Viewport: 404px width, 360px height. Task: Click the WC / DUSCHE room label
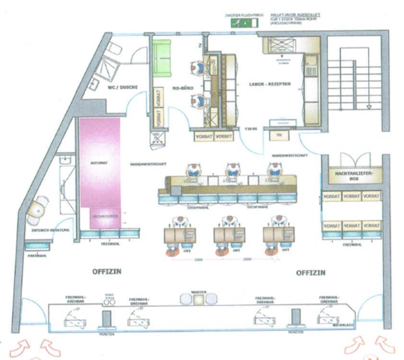click(x=123, y=87)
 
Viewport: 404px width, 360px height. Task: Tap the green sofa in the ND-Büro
click(x=163, y=58)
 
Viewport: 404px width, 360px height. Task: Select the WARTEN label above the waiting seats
click(x=199, y=292)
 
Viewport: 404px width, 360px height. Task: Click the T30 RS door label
click(x=251, y=129)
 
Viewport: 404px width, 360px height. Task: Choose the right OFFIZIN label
click(x=310, y=273)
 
